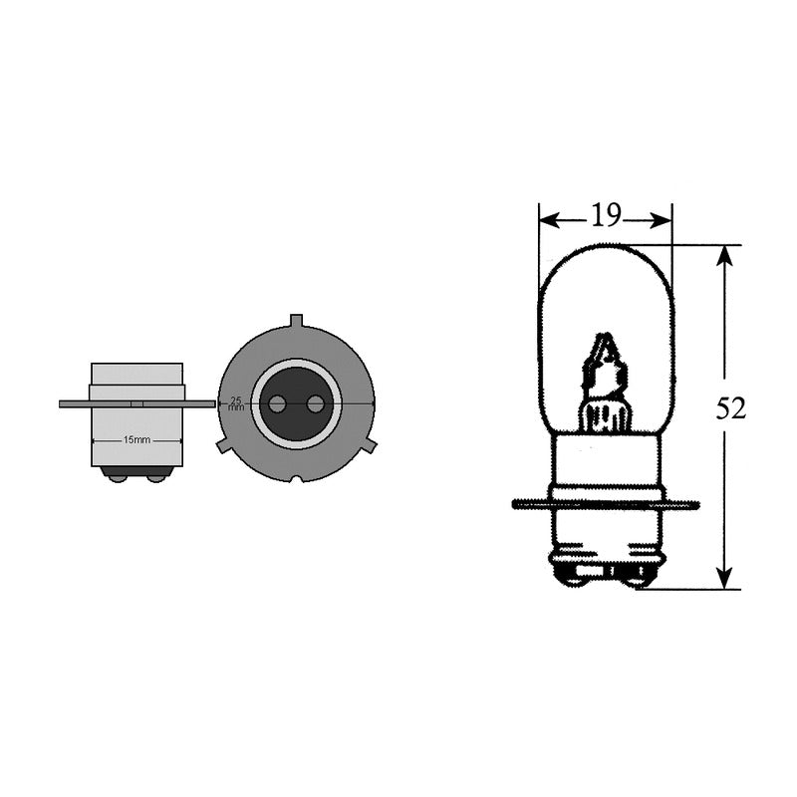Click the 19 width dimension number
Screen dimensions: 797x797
(x=606, y=216)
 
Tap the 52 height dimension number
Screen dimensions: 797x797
(x=731, y=409)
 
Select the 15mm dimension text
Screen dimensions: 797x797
(x=136, y=439)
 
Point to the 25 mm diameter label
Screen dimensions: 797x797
(x=236, y=403)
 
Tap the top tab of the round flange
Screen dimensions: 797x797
(x=296, y=321)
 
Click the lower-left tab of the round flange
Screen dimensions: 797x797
(x=224, y=445)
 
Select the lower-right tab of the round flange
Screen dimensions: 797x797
(x=369, y=444)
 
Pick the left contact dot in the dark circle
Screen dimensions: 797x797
(x=278, y=403)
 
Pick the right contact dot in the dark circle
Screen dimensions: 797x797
(x=315, y=403)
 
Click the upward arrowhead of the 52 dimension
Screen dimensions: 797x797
(x=725, y=255)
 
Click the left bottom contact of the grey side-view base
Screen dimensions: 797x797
(x=118, y=476)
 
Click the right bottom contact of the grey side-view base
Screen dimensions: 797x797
(x=155, y=476)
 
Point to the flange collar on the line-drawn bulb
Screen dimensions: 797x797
(x=605, y=504)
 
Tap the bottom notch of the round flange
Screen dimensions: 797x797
(x=296, y=478)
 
